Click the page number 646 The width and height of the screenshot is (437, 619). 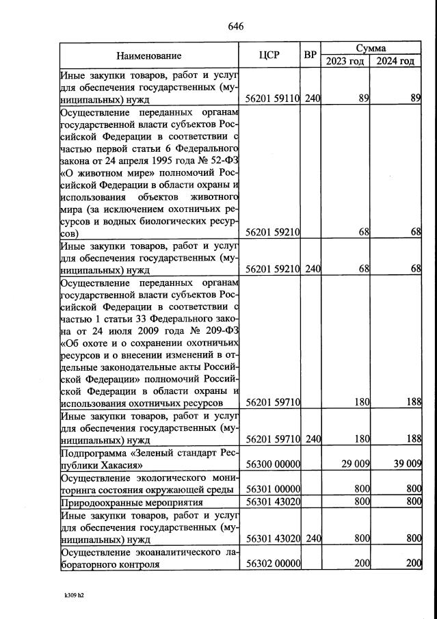coord(235,27)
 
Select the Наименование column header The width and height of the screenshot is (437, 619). coord(148,55)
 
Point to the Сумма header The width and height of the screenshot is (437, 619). coord(371,49)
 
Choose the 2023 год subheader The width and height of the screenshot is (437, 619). coord(345,62)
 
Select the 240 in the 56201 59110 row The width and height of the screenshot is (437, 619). coord(312,98)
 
